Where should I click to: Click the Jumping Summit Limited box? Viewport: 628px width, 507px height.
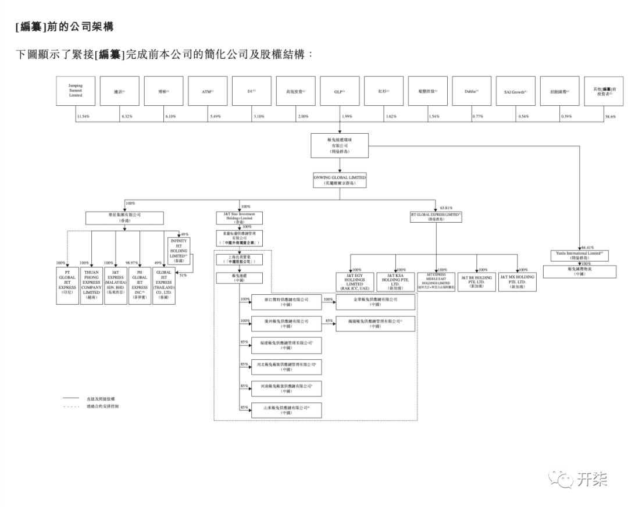[76, 91]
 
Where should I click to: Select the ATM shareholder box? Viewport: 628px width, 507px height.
[208, 91]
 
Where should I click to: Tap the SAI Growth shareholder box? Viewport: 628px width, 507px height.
[515, 91]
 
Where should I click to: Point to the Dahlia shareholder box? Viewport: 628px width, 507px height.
[471, 91]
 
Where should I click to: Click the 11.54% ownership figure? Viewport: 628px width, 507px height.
[84, 117]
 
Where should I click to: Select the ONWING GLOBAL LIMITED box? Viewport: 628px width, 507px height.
[340, 180]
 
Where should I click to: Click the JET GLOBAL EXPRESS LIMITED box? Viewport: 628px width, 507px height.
[436, 217]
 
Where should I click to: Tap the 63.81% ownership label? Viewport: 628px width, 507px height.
[446, 208]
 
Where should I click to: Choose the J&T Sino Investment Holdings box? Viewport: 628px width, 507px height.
[239, 217]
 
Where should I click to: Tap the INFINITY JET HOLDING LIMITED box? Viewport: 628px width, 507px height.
[178, 250]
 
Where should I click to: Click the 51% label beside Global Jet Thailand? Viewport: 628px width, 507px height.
[184, 275]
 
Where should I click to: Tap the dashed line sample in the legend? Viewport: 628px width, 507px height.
[70, 406]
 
